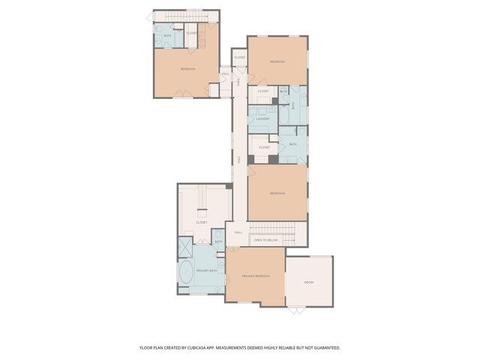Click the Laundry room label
click(x=262, y=118)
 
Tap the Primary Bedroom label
click(x=255, y=277)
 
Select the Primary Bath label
click(x=206, y=270)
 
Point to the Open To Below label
click(x=265, y=241)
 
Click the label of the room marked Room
click(x=308, y=282)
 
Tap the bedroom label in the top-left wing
click(x=187, y=69)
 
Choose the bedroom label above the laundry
click(x=277, y=61)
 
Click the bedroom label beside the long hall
click(x=277, y=193)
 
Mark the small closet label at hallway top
click(x=240, y=57)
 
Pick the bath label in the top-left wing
click(x=168, y=35)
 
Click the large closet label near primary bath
click(x=202, y=222)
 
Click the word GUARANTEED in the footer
click(x=323, y=348)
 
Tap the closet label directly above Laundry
click(x=263, y=91)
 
